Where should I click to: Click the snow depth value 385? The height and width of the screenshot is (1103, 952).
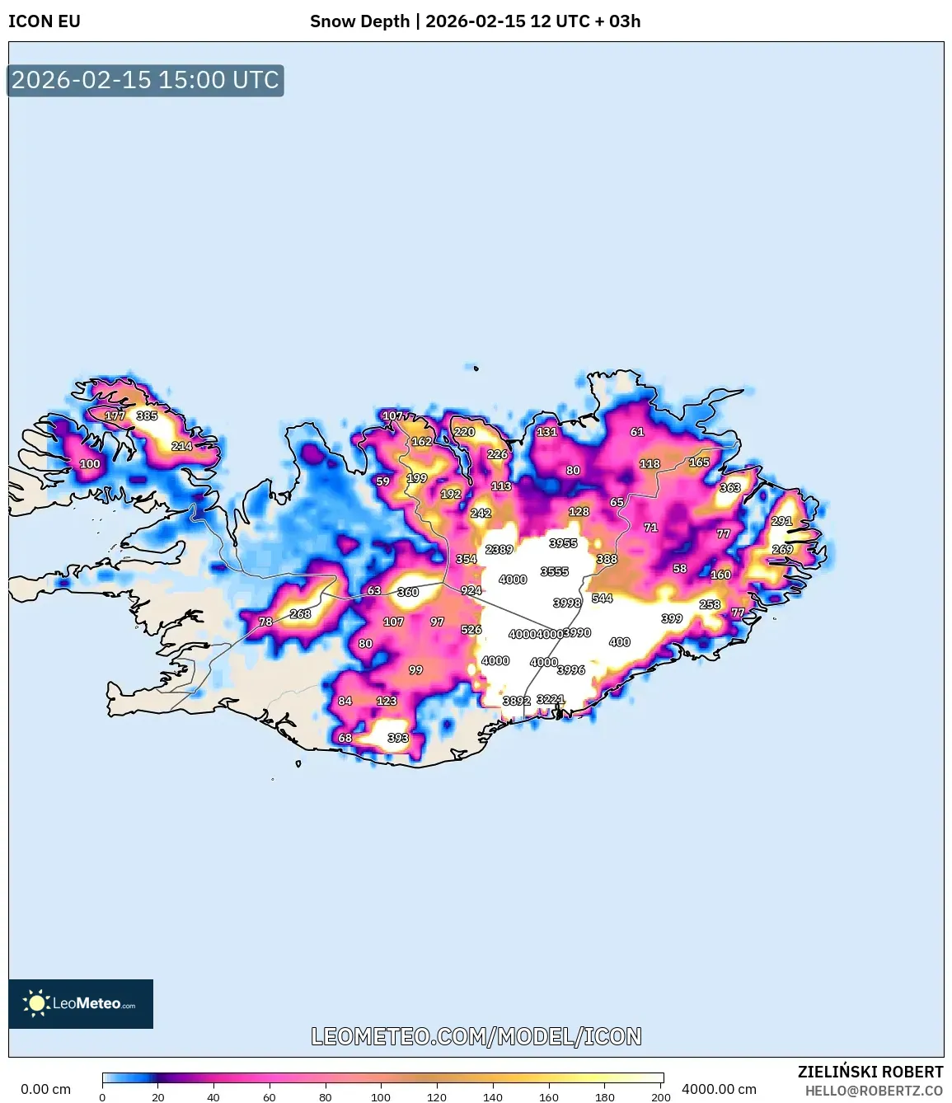147,415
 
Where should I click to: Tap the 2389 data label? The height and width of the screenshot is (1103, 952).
499,549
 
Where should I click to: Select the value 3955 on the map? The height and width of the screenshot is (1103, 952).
563,543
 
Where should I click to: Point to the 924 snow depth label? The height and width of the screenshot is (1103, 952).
471,590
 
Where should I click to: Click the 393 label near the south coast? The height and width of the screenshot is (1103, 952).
397,738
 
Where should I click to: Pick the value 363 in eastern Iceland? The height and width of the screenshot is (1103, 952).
729,487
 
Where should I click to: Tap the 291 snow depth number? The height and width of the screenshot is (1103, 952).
781,521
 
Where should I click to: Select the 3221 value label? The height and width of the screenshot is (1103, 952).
551,699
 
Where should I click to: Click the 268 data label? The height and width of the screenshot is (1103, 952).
300,613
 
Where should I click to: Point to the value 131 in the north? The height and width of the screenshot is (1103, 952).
546,431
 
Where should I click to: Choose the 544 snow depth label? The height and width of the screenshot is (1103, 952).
602,598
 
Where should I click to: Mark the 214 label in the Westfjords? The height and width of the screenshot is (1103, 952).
181,446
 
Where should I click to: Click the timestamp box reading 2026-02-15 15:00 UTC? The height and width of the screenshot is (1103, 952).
145,80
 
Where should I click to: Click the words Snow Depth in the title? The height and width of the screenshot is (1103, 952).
359,21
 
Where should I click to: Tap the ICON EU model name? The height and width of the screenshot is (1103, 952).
45,21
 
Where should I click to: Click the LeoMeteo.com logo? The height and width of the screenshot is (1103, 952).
81,1003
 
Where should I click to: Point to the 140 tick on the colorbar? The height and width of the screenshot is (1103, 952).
492,1096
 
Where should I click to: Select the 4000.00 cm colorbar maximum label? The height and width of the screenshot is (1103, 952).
719,1089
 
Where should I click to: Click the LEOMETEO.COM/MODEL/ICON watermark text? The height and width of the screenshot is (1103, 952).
476,1036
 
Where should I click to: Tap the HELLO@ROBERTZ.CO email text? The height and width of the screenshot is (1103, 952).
873,1091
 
